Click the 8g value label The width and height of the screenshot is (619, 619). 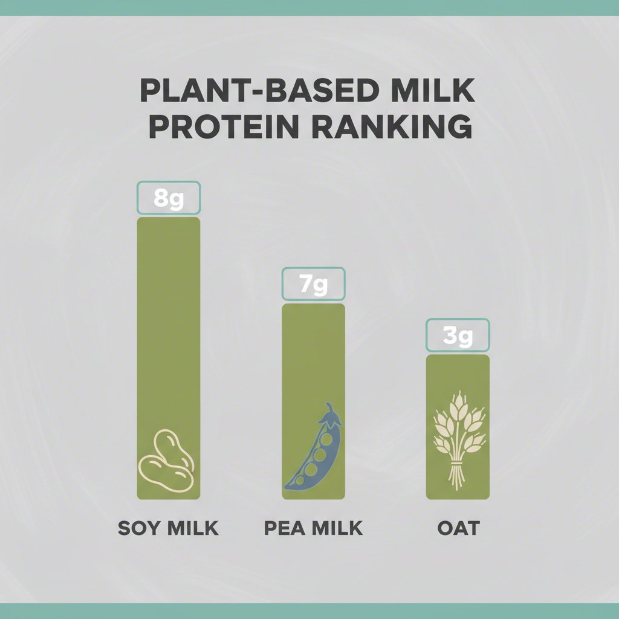point(169,198)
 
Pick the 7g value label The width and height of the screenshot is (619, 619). point(314,284)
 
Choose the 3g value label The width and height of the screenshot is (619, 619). point(458,335)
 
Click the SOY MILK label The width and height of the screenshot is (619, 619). point(168,528)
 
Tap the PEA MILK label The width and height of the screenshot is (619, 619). point(314,528)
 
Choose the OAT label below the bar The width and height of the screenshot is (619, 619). point(458,528)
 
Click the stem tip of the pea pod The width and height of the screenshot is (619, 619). point(329,406)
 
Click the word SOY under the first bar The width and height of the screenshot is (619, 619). point(140,528)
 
